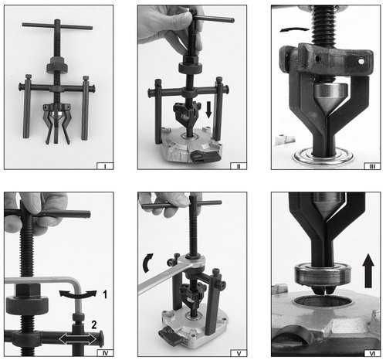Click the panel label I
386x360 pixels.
pos(105,166)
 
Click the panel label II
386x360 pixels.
pos(239,166)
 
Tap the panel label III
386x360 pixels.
pos(372,166)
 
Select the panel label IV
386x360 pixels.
pos(105,353)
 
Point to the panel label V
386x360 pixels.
pos(239,353)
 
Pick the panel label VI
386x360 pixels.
pos(372,353)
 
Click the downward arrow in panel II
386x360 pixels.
pos(208,110)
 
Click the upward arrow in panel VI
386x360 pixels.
pos(368,271)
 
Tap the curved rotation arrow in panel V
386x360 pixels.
pos(147,263)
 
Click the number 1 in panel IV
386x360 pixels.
pos(105,294)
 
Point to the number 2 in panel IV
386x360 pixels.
pos(94,324)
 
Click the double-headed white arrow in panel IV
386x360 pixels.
pos(78,339)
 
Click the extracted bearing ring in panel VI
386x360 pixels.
pos(323,275)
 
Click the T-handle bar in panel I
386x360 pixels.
pos(57,26)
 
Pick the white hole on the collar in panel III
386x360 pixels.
pos(361,62)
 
